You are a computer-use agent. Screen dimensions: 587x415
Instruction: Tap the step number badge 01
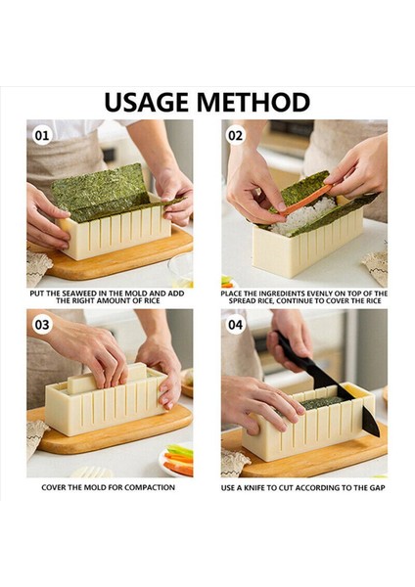41,135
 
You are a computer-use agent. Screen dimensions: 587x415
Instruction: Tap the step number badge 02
236,135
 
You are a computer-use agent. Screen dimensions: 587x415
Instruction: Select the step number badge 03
41,324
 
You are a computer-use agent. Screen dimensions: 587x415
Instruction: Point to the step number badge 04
236,324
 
